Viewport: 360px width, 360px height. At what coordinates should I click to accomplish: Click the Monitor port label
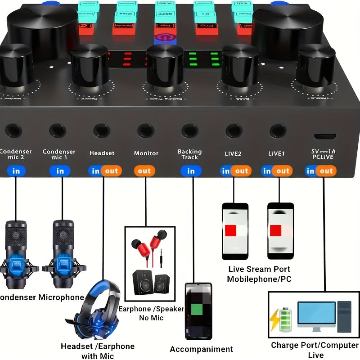pyautogui.click(x=146, y=153)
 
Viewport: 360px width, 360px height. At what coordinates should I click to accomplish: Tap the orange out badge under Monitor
pyautogui.click(x=144, y=171)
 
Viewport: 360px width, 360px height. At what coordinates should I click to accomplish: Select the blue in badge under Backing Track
pyautogui.click(x=191, y=171)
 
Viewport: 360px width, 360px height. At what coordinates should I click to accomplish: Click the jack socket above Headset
pyautogui.click(x=102, y=131)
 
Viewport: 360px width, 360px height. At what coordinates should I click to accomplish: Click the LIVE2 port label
pyautogui.click(x=233, y=153)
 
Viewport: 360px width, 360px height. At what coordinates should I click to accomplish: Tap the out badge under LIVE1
pyautogui.click(x=283, y=171)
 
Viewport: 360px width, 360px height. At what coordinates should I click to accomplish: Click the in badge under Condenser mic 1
pyautogui.click(x=60, y=171)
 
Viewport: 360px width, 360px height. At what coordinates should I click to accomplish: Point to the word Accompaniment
pyautogui.click(x=201, y=349)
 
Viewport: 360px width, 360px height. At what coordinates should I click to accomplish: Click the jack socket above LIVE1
pyautogui.click(x=278, y=131)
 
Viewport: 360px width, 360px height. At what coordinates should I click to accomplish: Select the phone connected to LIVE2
pyautogui.click(x=235, y=231)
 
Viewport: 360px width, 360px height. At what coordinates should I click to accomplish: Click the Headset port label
pyautogui.click(x=102, y=153)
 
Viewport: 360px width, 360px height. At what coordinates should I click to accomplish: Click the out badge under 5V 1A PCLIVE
pyautogui.click(x=327, y=171)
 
